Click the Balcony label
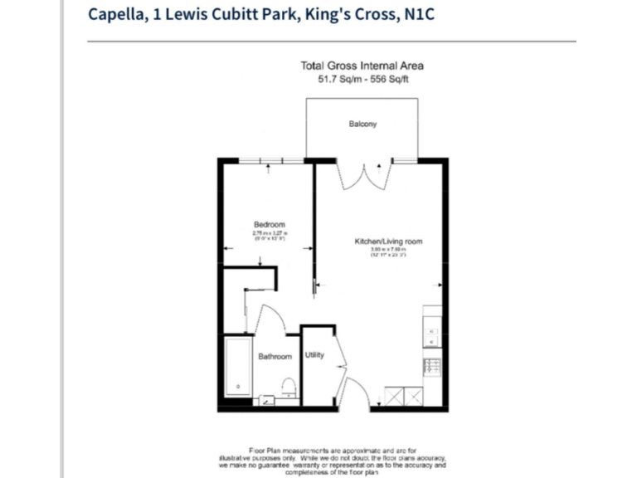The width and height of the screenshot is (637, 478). pos(362,124)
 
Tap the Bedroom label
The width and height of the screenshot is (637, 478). pos(270,225)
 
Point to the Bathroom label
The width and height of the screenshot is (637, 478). pos(275,357)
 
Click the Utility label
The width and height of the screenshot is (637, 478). pos(314,355)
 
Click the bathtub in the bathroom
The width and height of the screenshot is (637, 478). pos(238,370)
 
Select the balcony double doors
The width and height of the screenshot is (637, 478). pos(362,174)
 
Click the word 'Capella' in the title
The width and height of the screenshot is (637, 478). pos(115,14)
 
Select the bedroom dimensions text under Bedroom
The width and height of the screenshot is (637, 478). pos(270,236)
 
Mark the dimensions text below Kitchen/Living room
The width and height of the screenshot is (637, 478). pos(389,252)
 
